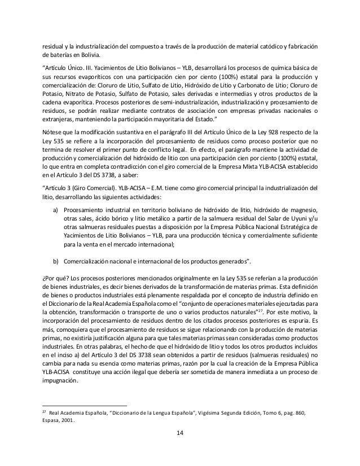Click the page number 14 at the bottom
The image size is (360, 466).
(180, 433)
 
